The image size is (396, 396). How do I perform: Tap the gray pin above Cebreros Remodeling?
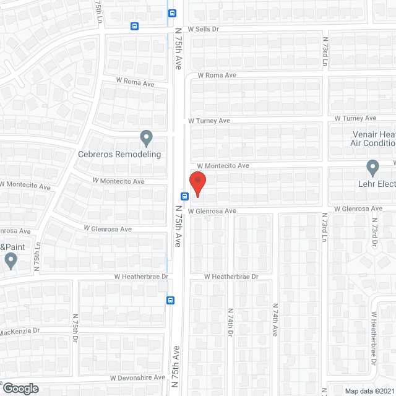click(146, 137)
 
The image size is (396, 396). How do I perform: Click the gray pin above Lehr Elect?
click(372, 166)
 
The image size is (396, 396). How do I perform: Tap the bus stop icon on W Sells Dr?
click(134, 26)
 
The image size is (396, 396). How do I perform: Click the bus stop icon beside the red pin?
click(184, 197)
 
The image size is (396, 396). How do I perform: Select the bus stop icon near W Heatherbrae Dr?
click(170, 300)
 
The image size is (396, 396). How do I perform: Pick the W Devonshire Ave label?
click(137, 377)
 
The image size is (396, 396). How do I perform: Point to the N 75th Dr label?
click(75, 329)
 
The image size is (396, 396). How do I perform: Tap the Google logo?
click(20, 388)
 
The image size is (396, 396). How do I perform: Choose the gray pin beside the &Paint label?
click(11, 262)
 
